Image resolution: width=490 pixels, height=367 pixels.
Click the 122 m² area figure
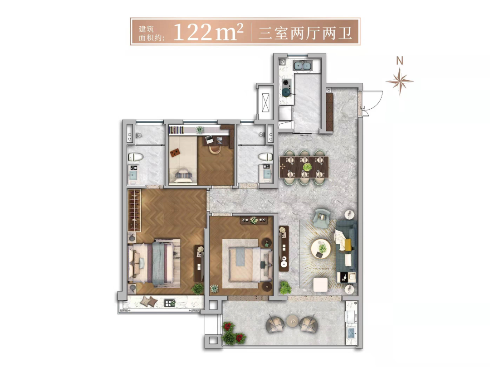coord(208,32)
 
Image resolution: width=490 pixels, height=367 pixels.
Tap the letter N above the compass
coord(400,61)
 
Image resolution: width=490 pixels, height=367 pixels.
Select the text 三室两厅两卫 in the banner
coord(305,33)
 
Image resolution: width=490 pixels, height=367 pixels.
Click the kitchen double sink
coord(303,66)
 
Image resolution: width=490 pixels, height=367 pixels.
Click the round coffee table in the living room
coord(321,249)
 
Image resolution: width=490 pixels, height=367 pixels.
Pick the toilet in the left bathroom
coord(136,157)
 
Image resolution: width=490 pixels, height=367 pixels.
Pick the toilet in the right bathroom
coord(265,157)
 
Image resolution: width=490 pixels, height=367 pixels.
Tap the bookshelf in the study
coord(176,130)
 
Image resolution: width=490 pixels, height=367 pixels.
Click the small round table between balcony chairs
coord(293,321)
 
